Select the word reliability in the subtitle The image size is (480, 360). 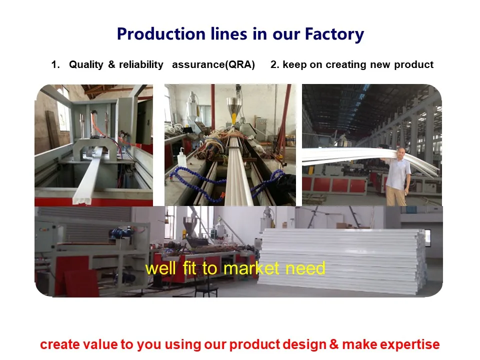point(141,64)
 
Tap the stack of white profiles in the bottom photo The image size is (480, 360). point(345,260)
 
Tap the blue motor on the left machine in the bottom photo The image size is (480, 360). point(119,233)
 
